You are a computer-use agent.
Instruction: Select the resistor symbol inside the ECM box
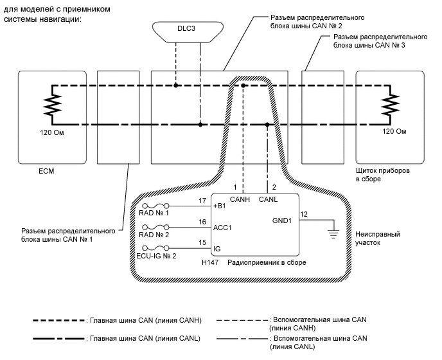point(50,104)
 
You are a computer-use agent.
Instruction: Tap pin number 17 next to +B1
point(202,201)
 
